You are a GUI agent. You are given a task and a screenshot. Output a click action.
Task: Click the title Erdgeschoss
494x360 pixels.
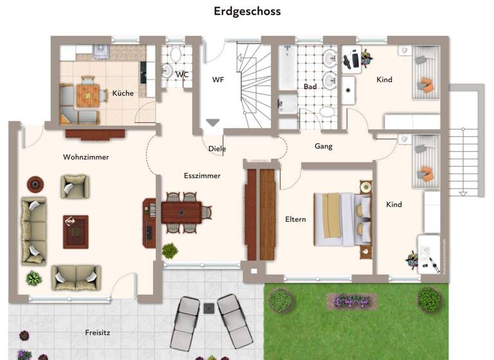[247, 12]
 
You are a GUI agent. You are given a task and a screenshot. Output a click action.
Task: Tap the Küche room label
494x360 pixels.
[123, 93]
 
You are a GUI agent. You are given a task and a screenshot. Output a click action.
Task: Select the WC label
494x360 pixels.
[182, 75]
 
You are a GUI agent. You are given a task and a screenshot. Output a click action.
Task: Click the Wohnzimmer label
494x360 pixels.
[86, 157]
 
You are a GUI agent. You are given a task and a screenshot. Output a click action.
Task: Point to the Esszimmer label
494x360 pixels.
[202, 175]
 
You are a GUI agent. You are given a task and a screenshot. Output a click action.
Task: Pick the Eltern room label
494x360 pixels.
[295, 219]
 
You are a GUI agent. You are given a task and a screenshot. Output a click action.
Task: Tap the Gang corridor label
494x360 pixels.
[324, 147]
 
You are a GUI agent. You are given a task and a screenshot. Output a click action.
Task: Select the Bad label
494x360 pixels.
[310, 86]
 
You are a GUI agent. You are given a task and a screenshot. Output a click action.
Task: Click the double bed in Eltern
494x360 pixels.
[343, 219]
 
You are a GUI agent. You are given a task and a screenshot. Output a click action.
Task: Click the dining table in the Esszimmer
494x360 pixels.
[181, 212]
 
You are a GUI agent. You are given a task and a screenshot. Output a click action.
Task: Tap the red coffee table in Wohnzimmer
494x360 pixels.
[75, 231]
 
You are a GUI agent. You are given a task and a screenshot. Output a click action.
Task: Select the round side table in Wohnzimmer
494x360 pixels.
[35, 184]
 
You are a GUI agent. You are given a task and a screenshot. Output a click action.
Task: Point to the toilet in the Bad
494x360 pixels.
[327, 112]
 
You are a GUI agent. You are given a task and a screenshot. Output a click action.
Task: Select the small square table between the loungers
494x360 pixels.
[209, 308]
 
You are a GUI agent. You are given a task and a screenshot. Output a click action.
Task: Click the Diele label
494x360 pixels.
[217, 148]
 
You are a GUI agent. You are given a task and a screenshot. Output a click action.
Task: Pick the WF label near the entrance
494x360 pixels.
[218, 80]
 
